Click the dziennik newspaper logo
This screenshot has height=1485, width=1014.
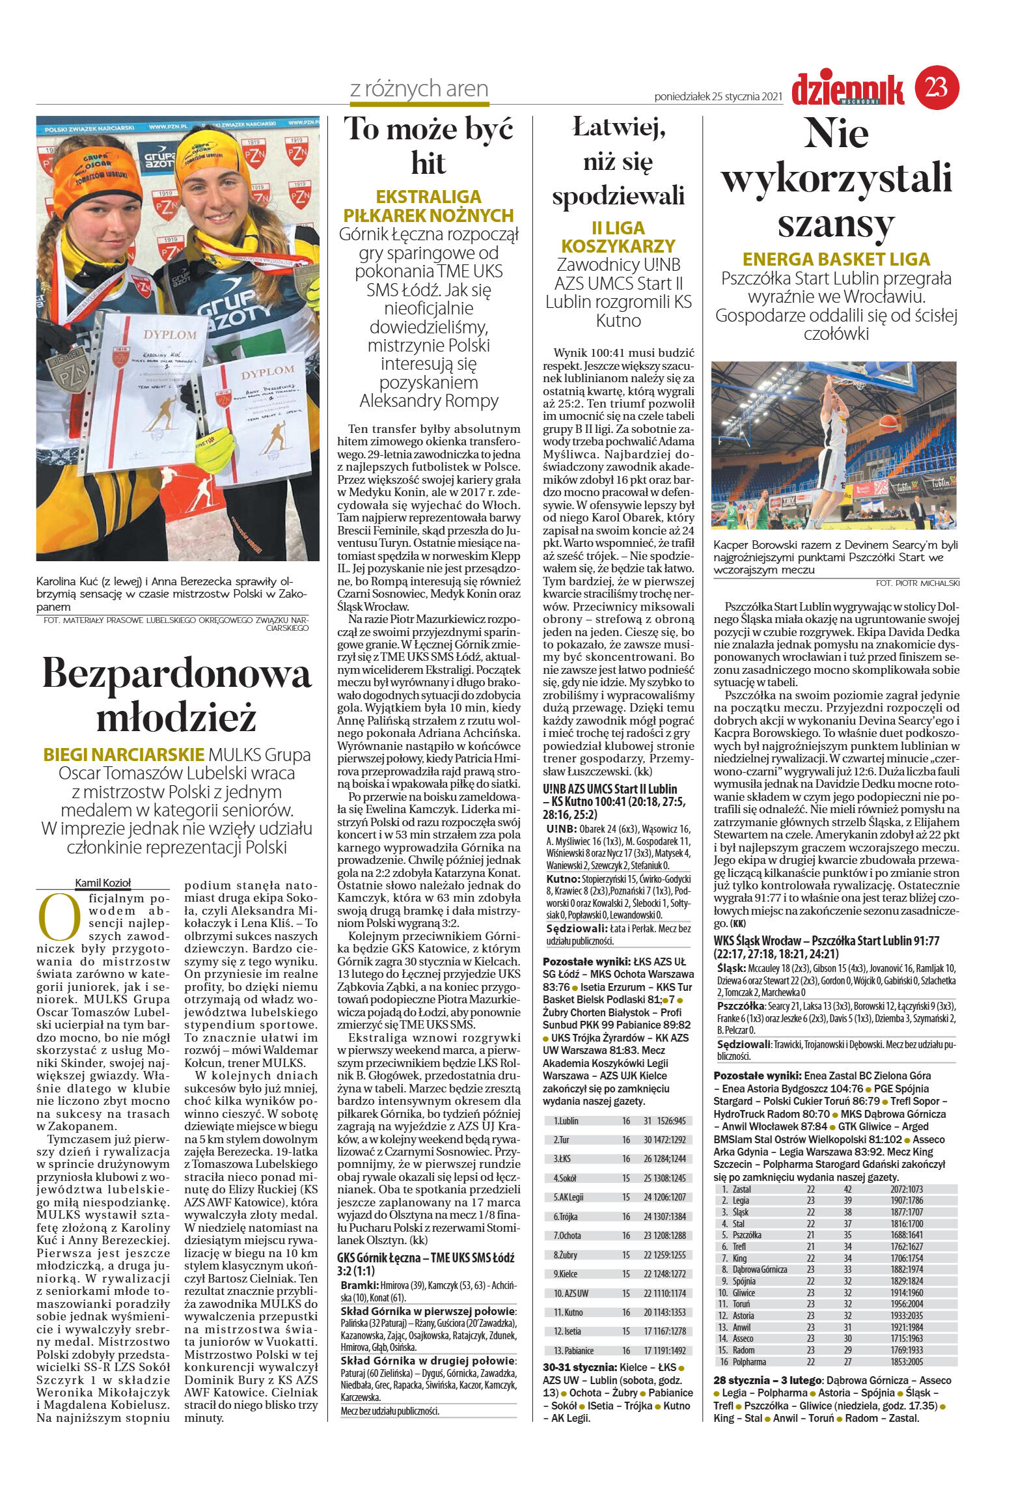click(847, 90)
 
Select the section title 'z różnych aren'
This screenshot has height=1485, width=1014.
click(419, 89)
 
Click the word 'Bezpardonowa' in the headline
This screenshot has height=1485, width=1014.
click(177, 674)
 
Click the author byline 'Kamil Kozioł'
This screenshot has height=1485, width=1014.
click(103, 882)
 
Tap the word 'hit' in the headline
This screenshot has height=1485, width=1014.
click(428, 163)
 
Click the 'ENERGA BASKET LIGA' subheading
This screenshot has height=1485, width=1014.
click(836, 259)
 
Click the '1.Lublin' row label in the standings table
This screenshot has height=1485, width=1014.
click(566, 1120)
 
